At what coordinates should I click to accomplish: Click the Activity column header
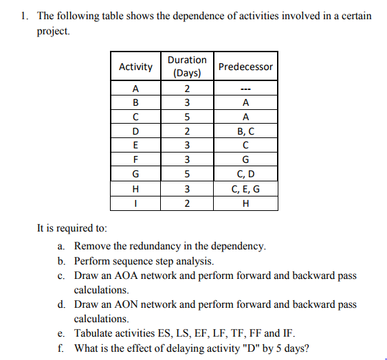point(135,67)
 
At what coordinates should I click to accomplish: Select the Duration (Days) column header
point(186,67)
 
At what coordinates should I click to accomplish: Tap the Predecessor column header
point(245,67)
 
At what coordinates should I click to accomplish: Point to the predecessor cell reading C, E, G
point(245,190)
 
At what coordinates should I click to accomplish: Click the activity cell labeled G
point(135,175)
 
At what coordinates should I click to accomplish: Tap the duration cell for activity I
point(186,204)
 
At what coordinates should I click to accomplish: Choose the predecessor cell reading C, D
point(245,175)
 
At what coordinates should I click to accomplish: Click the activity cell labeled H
point(135,190)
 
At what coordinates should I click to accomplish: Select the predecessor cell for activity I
point(245,204)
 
